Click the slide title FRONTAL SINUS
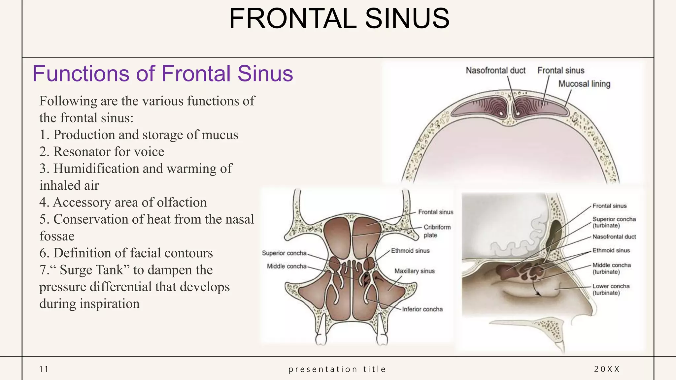tap(339, 18)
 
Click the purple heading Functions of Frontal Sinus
tap(163, 73)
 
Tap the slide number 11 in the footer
tap(44, 369)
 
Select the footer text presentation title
tap(337, 369)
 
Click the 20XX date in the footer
tap(607, 369)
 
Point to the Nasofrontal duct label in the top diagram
tap(495, 70)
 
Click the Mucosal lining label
tap(584, 84)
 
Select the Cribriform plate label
tap(437, 231)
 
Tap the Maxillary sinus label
tap(414, 271)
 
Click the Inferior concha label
tap(422, 309)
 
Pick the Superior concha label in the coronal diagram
tap(284, 253)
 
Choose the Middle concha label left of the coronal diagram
tap(287, 266)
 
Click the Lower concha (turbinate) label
tap(611, 289)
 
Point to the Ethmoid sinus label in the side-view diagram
tap(611, 250)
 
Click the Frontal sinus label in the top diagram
tap(560, 70)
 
